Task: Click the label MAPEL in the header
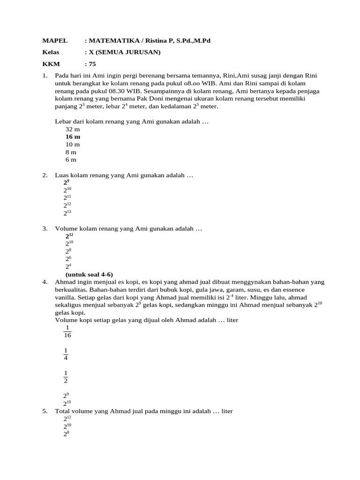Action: pyautogui.click(x=55, y=41)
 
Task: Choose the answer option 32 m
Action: pyautogui.click(x=73, y=129)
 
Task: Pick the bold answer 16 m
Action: pyautogui.click(x=73, y=136)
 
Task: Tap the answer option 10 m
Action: pyautogui.click(x=73, y=144)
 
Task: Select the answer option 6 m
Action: pyautogui.click(x=71, y=159)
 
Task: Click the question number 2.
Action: pyautogui.click(x=45, y=175)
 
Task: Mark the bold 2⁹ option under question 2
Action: pyautogui.click(x=67, y=182)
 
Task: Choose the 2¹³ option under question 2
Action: pyautogui.click(x=67, y=213)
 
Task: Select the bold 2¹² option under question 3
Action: pyautogui.click(x=69, y=236)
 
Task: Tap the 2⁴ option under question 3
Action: pyautogui.click(x=68, y=266)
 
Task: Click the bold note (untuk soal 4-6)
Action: pyautogui.click(x=89, y=274)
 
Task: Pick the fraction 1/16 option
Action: pyautogui.click(x=67, y=331)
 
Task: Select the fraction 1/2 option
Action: pyautogui.click(x=66, y=376)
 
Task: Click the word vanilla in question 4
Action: pyautogui.click(x=66, y=297)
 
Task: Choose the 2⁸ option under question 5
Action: pyautogui.click(x=66, y=434)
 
